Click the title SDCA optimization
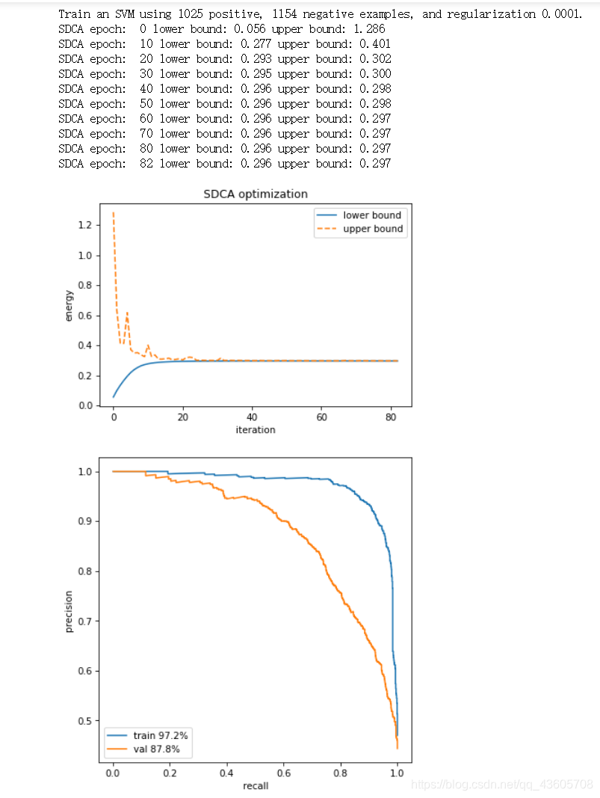pos(256,194)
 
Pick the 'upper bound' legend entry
pos(359,229)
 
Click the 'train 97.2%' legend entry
pos(147,735)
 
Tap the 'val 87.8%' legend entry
pos(143,749)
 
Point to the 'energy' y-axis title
pos(69,305)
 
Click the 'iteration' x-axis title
pos(256,430)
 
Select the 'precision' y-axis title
pos(69,611)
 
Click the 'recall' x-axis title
pos(256,786)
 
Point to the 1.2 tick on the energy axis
pos(85,225)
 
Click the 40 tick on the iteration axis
pos(252,417)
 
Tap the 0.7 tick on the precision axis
pos(85,621)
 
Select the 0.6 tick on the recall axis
pos(284,773)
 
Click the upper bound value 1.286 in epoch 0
pos(370,29)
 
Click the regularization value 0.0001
pos(561,14)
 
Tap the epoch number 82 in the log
pos(146,164)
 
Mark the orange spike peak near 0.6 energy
pos(127,313)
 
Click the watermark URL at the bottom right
pos(502,785)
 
